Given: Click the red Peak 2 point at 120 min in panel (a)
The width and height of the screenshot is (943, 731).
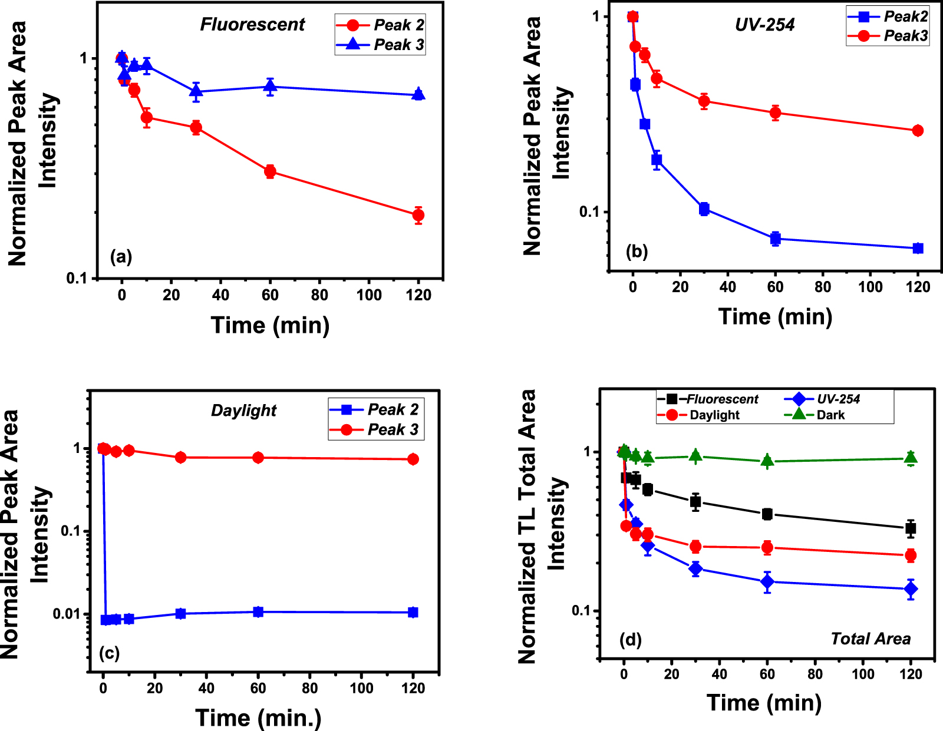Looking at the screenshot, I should click(x=418, y=215).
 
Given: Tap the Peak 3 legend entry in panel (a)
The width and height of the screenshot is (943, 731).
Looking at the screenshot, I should click(x=398, y=45).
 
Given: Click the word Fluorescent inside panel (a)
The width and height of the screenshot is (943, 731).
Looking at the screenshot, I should click(x=252, y=24).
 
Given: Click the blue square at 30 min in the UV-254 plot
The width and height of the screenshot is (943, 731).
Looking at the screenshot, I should click(x=704, y=209).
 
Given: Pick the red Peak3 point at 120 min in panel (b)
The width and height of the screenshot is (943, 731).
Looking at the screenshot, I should click(x=918, y=131).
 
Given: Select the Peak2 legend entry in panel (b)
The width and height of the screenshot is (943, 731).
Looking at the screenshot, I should click(x=905, y=16).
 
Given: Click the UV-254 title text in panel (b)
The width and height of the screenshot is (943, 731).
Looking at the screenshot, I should click(x=764, y=24).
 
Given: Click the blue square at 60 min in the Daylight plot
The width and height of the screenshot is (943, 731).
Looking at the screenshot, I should click(x=258, y=612).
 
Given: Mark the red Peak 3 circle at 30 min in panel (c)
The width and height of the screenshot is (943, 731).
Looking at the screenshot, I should click(x=181, y=458).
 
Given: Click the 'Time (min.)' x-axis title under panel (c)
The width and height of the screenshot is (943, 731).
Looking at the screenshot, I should click(x=258, y=717).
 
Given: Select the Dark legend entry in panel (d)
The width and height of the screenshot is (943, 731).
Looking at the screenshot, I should click(x=830, y=415).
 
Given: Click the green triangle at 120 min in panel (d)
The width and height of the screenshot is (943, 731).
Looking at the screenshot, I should click(x=911, y=458).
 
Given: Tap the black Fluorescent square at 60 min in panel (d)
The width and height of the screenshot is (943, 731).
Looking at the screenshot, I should click(x=767, y=514).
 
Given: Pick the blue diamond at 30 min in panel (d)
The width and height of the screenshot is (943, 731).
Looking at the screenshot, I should click(x=695, y=568).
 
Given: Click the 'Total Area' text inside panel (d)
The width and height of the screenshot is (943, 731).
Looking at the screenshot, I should click(x=870, y=639).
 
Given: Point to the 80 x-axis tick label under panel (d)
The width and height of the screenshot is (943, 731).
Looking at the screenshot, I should click(x=815, y=674).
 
